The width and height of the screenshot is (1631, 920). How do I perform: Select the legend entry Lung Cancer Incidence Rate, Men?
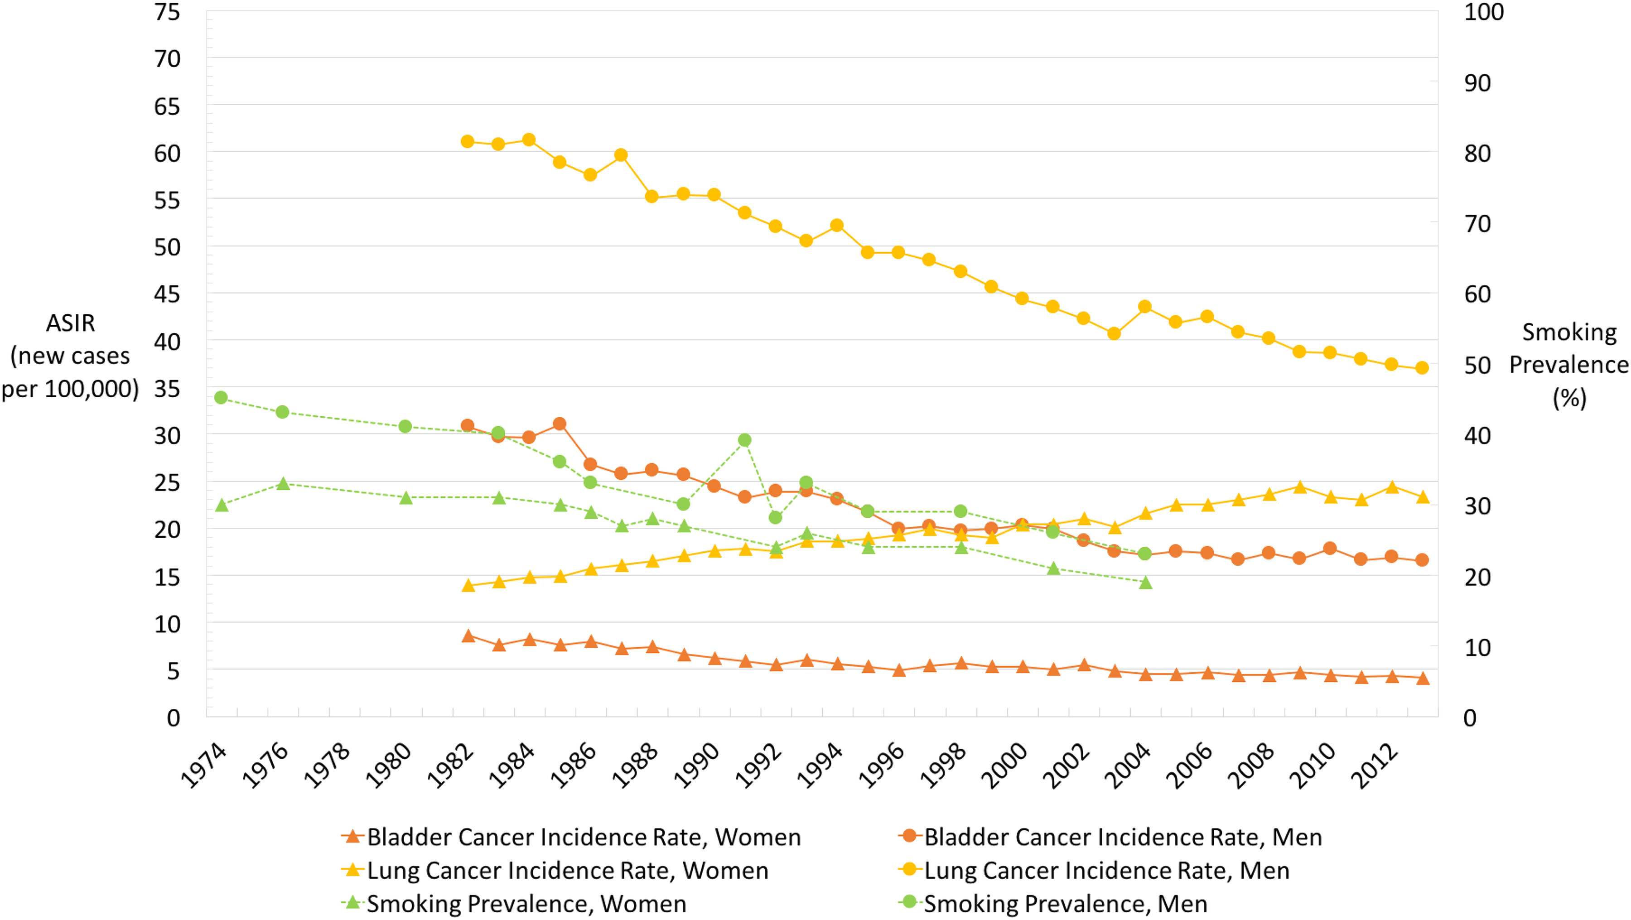1094,871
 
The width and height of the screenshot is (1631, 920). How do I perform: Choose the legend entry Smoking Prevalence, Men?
1053,904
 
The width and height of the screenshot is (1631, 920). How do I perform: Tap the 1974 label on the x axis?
204,766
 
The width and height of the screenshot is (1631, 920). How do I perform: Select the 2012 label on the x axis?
1375,766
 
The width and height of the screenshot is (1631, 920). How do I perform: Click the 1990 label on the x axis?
697,766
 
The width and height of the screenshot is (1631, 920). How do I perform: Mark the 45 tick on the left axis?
167,294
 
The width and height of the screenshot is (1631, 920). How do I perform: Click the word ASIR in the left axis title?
70,323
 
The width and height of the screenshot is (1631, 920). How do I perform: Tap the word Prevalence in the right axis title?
1569,365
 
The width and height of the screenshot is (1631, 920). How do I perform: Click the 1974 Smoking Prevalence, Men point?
221,398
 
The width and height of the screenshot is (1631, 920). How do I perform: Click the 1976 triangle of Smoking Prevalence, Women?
283,484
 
